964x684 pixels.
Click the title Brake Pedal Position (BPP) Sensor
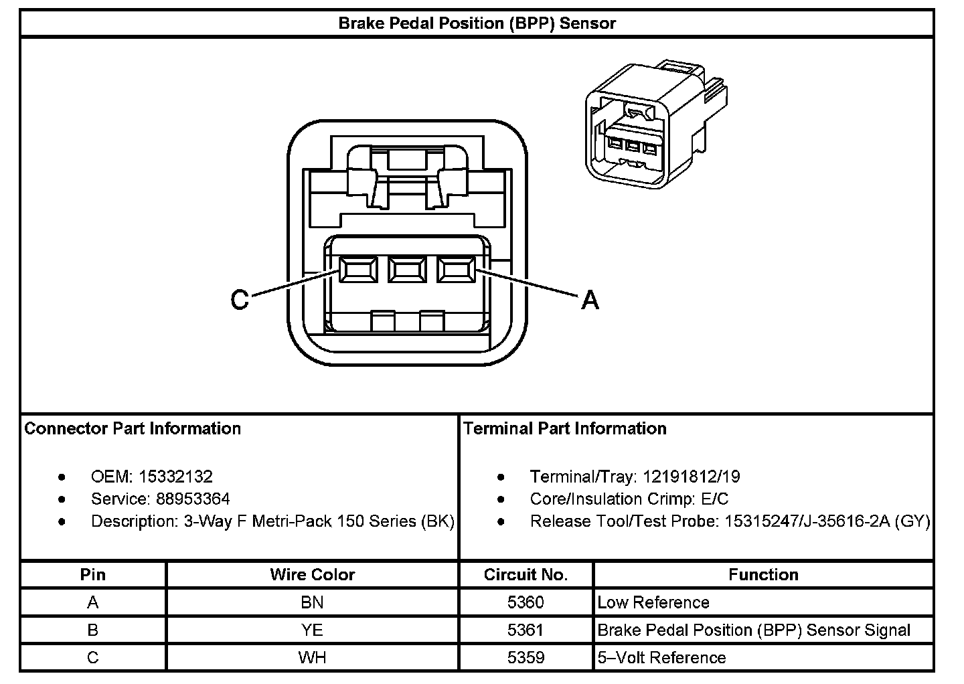[x=477, y=23]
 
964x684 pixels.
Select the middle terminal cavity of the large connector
[x=407, y=270]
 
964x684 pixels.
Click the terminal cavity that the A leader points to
[x=456, y=270]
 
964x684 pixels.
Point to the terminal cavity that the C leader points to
[x=358, y=270]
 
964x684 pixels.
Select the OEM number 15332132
[x=175, y=477]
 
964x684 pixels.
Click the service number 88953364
[x=193, y=499]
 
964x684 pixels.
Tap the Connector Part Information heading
[x=133, y=428]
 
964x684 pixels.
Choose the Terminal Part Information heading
[x=565, y=428]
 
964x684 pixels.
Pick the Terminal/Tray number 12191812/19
[x=691, y=477]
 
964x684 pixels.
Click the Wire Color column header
[x=312, y=575]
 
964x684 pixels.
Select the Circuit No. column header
[x=526, y=575]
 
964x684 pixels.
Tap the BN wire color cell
[x=312, y=602]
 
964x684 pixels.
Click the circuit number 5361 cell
[x=526, y=630]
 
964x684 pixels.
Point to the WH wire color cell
[x=312, y=657]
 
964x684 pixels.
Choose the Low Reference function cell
[x=653, y=602]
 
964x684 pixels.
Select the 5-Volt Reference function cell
[x=661, y=657]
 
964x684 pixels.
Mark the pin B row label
[x=92, y=630]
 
